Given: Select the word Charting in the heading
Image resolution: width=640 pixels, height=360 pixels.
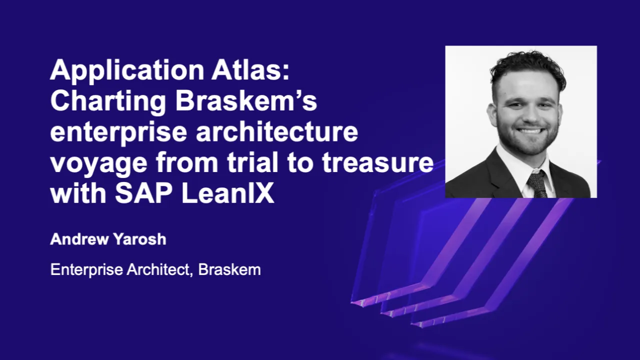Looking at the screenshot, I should point(108,102).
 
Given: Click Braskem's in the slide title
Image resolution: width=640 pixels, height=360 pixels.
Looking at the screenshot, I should point(246,101).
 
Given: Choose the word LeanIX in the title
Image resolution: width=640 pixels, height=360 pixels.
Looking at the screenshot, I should point(227,194).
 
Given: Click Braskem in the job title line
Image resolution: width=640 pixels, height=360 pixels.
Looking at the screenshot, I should point(229,270).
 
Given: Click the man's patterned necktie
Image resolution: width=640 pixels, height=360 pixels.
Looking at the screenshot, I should point(537,184).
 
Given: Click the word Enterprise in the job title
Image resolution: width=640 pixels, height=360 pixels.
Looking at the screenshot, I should point(86,270).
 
